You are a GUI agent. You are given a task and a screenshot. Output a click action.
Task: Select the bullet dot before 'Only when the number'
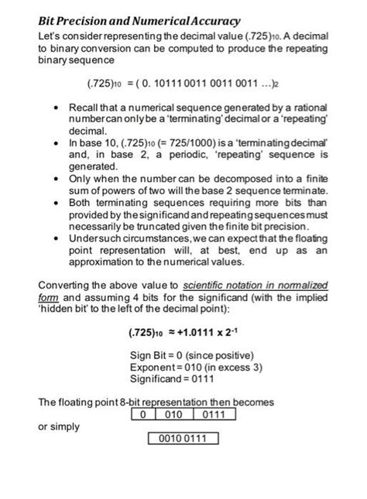[60, 178]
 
